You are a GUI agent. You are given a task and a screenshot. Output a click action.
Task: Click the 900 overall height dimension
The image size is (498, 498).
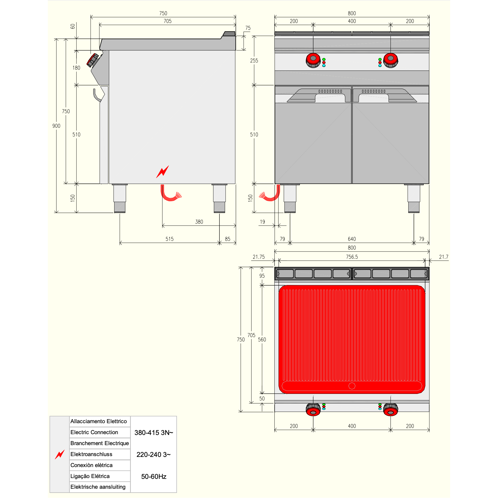[56, 126]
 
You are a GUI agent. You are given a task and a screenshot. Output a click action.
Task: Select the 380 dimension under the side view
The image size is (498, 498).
[199, 222]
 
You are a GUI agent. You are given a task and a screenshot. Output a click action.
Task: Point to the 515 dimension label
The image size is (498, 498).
[169, 239]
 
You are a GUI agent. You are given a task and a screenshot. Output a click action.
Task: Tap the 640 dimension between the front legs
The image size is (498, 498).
[352, 239]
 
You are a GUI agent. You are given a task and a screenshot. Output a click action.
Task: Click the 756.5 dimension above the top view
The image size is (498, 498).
[352, 257]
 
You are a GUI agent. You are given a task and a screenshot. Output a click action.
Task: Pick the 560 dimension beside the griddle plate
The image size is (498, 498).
[262, 340]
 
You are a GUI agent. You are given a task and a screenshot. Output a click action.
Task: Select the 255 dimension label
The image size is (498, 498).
[254, 60]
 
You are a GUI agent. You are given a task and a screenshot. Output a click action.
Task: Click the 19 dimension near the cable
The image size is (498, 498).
[262, 222]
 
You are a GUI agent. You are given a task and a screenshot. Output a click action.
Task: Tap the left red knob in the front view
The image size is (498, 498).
[313, 60]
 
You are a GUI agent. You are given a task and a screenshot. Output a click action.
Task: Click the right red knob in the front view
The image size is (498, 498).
[391, 60]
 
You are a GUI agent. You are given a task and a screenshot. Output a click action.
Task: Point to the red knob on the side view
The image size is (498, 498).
[93, 60]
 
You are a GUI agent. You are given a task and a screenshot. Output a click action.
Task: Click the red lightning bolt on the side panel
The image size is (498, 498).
[163, 172]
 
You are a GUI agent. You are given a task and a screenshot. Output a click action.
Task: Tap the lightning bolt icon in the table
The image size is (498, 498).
[60, 454]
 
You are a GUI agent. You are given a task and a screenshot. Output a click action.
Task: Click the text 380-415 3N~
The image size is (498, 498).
[154, 433]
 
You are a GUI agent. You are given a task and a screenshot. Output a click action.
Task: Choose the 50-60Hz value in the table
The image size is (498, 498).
[154, 476]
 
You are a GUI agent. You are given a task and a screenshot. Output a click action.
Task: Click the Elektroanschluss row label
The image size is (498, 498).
[91, 454]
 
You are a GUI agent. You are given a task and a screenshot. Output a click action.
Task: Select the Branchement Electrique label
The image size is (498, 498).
[100, 443]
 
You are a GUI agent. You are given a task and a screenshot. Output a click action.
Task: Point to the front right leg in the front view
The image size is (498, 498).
[414, 199]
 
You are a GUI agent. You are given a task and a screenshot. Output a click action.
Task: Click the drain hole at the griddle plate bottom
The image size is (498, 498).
[352, 386]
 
